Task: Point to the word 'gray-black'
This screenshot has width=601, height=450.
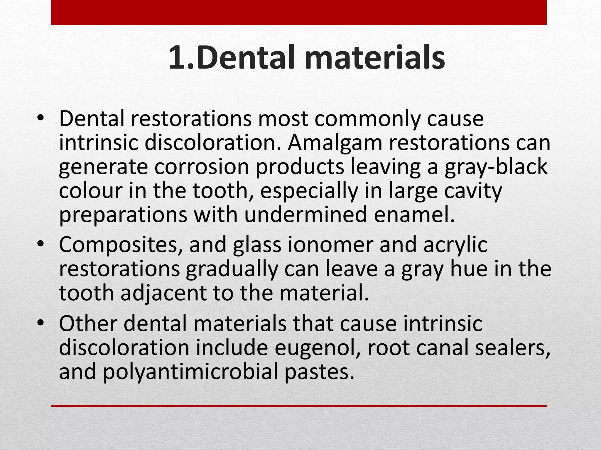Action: pos(496,167)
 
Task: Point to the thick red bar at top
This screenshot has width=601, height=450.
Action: pos(299,12)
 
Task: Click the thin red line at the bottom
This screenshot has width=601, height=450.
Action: pos(299,406)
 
